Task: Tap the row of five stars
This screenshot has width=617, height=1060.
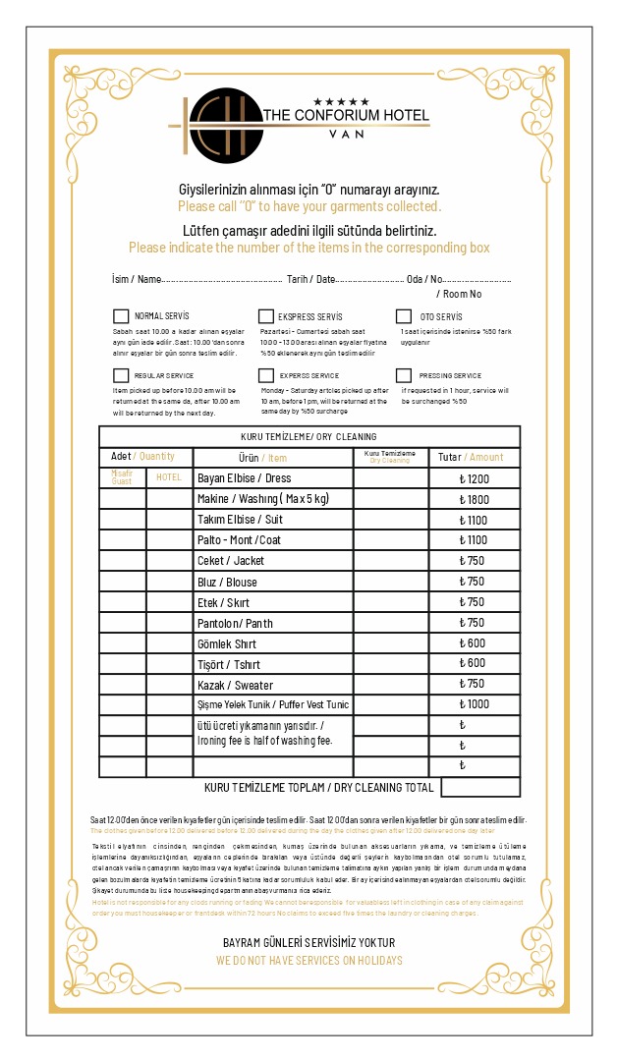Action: [341, 101]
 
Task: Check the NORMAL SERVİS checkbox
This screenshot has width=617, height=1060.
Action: [121, 316]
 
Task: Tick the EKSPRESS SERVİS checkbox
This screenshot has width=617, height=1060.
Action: [266, 316]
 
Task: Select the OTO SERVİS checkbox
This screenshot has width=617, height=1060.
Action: [404, 316]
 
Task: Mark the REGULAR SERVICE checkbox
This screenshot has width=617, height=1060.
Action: [121, 375]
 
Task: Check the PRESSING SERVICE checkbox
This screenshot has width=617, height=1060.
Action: [404, 375]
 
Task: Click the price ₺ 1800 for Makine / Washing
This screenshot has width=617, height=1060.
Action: [474, 499]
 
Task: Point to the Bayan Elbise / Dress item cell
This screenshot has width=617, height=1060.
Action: [273, 478]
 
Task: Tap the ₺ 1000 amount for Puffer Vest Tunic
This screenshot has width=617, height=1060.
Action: [474, 704]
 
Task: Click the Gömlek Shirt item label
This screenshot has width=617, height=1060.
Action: [273, 643]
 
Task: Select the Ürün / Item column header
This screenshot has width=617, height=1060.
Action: [273, 457]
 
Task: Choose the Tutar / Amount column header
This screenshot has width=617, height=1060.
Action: [474, 457]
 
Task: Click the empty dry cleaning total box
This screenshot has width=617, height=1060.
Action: [480, 787]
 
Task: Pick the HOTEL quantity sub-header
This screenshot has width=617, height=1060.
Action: [169, 477]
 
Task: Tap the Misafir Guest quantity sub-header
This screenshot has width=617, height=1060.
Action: [122, 477]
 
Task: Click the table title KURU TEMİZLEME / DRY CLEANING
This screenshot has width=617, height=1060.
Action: [308, 436]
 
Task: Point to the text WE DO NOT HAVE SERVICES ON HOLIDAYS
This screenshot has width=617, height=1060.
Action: [308, 960]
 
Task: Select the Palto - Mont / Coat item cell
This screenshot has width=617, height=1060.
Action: [273, 540]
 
